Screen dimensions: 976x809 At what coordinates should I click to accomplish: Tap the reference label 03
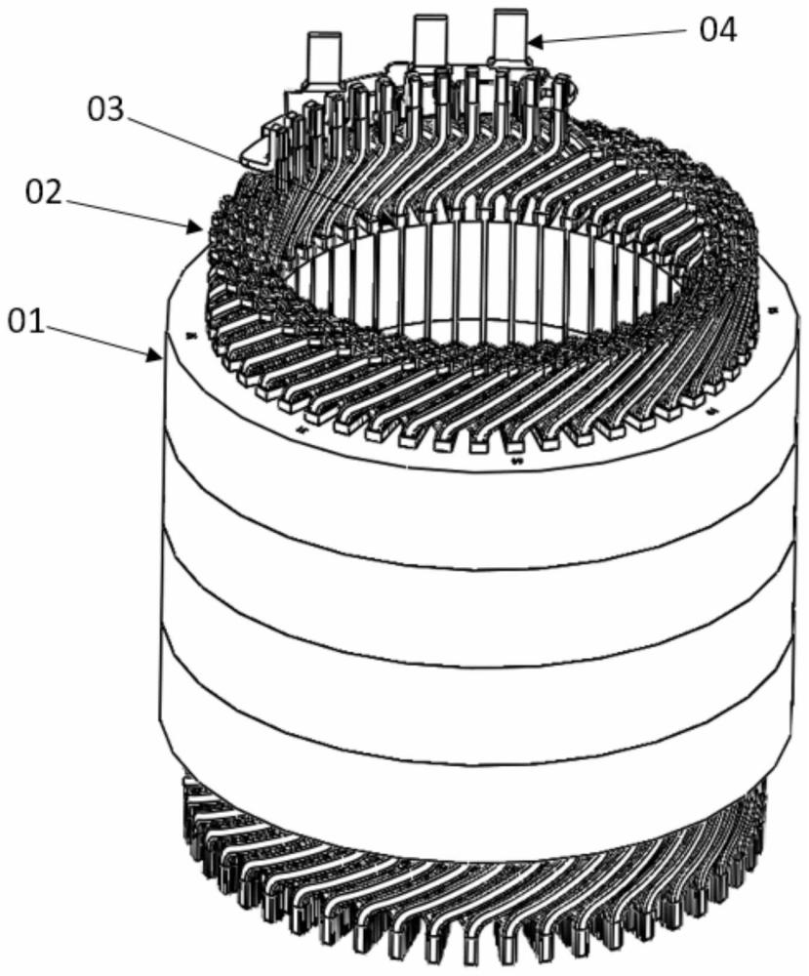point(107,108)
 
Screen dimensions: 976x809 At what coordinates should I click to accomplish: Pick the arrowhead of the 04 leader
point(530,43)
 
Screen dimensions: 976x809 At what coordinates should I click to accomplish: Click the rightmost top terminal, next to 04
point(508,34)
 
